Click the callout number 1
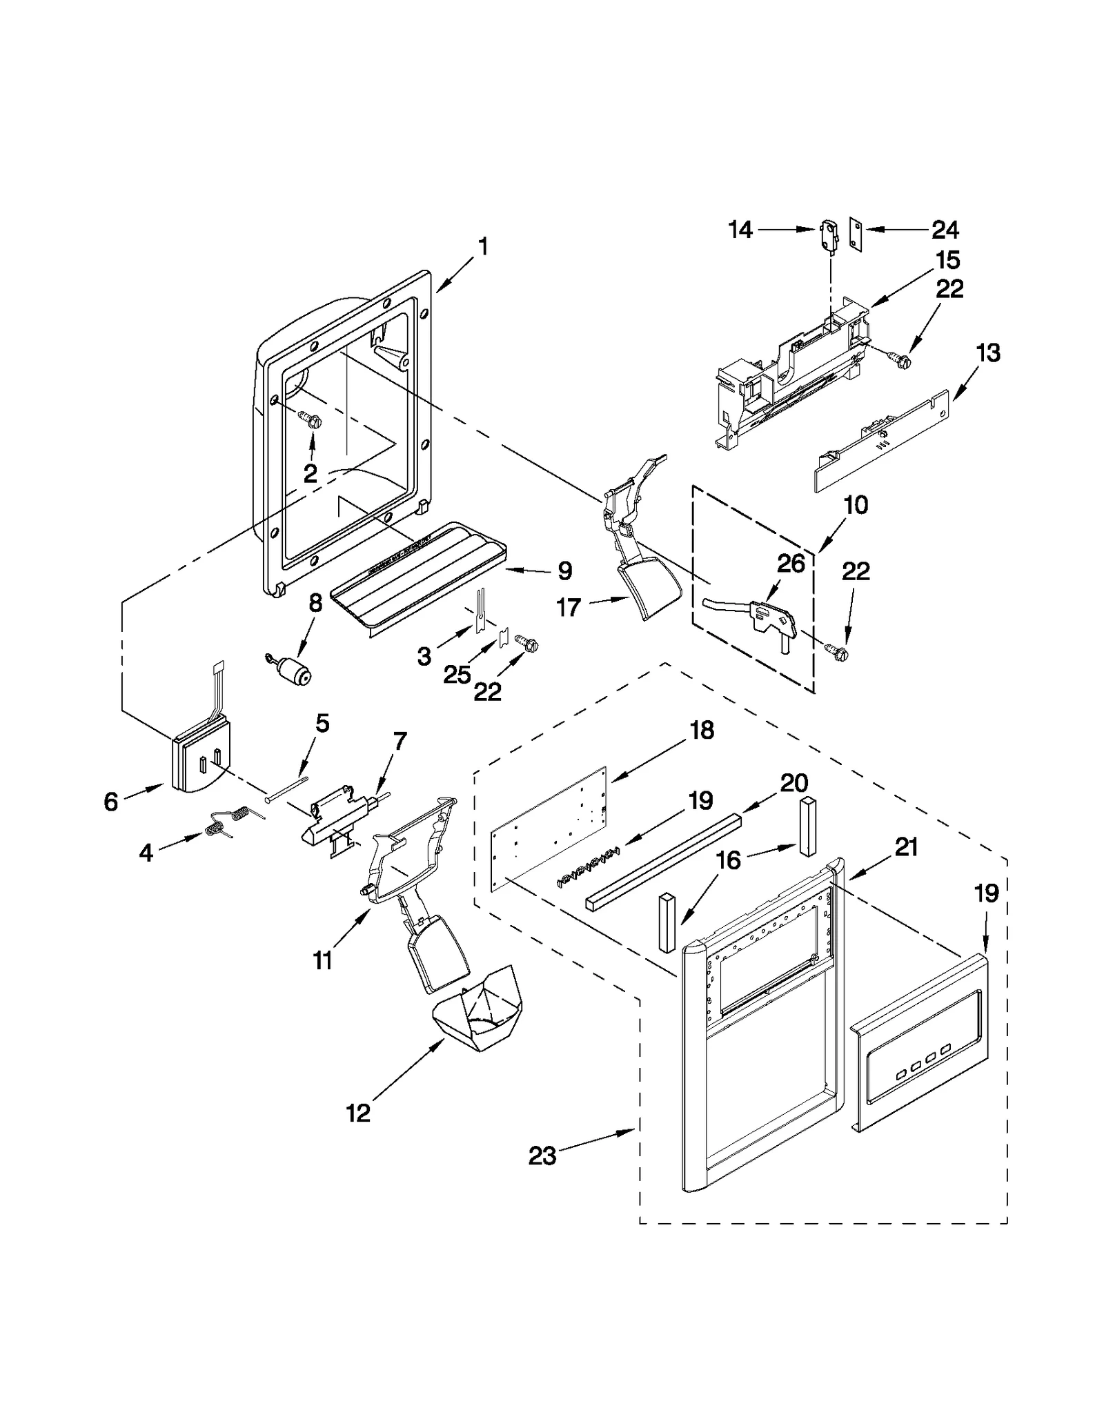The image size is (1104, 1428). (x=483, y=246)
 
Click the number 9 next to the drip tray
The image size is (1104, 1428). (x=564, y=571)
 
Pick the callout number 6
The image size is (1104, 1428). (x=111, y=802)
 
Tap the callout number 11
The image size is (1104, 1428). (x=322, y=960)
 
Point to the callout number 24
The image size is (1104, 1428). (x=945, y=229)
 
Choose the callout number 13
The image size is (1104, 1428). (x=988, y=353)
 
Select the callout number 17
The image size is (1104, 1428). (x=569, y=608)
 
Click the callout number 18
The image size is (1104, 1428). (x=702, y=730)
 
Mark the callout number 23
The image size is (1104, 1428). (x=542, y=1156)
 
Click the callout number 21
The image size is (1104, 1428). (x=906, y=846)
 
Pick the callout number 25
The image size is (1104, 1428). (x=457, y=675)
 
